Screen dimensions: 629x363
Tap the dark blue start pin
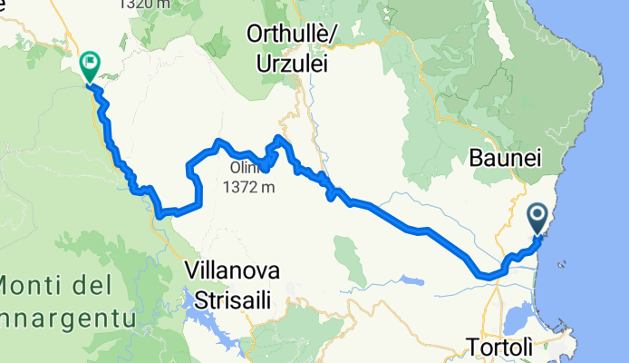(537, 219)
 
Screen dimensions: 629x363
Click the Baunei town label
(506, 158)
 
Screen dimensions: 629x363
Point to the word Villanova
(231, 270)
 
